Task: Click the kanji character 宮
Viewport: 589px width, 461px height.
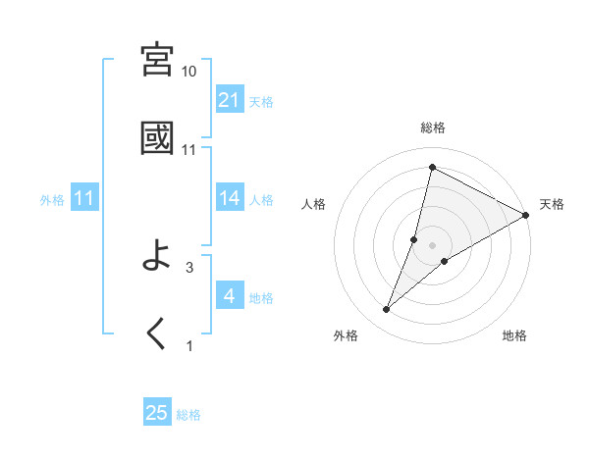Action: click(158, 60)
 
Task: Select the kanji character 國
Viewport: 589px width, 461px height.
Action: click(158, 138)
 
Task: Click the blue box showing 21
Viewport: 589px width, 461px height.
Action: click(230, 100)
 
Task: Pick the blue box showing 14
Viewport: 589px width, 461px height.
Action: click(230, 198)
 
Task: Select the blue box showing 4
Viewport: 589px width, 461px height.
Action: click(230, 296)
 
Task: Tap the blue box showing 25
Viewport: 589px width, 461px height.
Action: click(157, 413)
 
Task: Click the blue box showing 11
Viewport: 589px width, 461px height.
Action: click(84, 198)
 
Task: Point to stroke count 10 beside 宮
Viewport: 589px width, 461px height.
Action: click(189, 72)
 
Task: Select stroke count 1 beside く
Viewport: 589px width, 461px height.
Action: click(189, 345)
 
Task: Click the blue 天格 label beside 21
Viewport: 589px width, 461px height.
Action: click(261, 101)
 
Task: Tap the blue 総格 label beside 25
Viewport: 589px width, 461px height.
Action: click(188, 415)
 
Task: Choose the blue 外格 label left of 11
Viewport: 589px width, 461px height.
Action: click(52, 199)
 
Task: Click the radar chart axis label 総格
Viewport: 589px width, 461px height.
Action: click(433, 128)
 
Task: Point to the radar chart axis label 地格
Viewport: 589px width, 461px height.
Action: click(514, 335)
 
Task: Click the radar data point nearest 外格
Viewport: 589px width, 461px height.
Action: click(387, 310)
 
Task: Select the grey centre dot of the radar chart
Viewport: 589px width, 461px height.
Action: click(433, 244)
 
